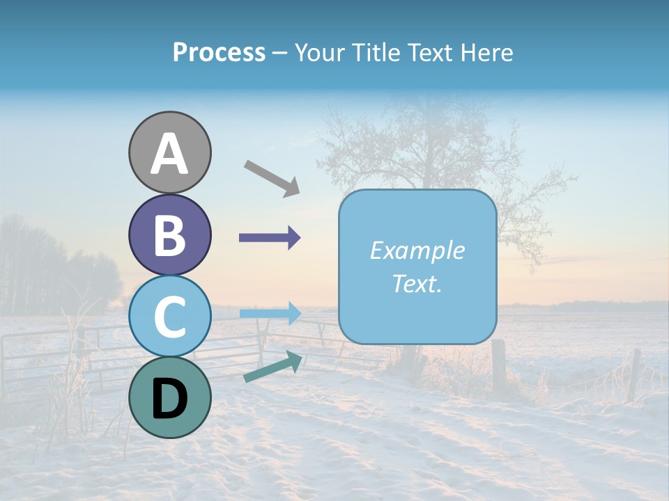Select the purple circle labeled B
(x=169, y=234)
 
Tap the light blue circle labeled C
(x=169, y=316)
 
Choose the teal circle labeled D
(x=169, y=397)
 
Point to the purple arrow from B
(x=270, y=238)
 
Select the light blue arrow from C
(x=270, y=313)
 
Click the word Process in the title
(x=219, y=52)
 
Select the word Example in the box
(x=417, y=250)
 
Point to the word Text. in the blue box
(x=417, y=283)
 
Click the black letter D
(x=169, y=398)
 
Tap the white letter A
(x=169, y=154)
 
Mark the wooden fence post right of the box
(x=499, y=365)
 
